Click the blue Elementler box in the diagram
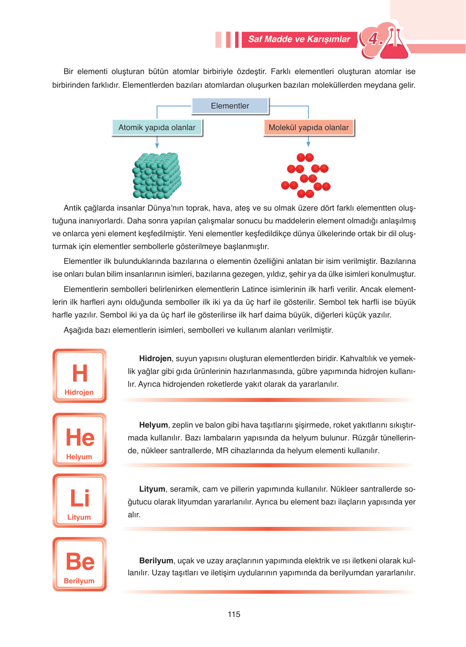click(x=230, y=106)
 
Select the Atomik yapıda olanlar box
click(x=157, y=128)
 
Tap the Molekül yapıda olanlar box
click(x=309, y=128)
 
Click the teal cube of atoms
click(x=157, y=176)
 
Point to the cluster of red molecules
click(x=306, y=176)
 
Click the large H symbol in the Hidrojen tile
click(x=80, y=373)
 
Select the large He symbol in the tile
click(x=80, y=437)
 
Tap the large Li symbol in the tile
click(x=80, y=498)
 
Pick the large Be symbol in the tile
click(x=80, y=562)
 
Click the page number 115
click(x=234, y=614)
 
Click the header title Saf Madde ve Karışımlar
click(x=299, y=39)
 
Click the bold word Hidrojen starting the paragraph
click(x=155, y=359)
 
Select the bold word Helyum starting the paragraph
click(x=153, y=425)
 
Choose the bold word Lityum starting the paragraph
click(x=152, y=489)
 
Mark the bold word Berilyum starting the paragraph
click(x=156, y=561)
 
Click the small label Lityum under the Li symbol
click(x=79, y=517)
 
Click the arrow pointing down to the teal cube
click(x=157, y=142)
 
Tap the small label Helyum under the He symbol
click(x=79, y=457)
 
